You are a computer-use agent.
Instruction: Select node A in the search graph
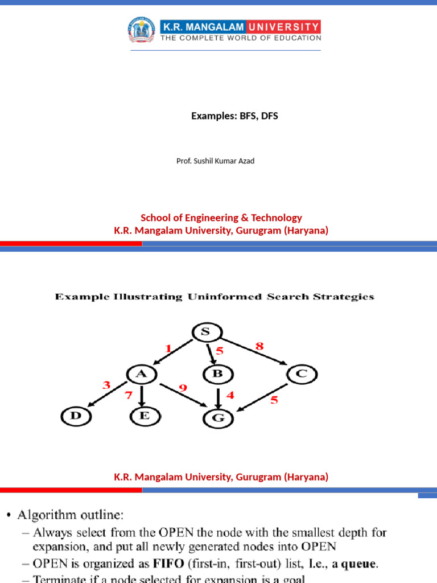point(142,375)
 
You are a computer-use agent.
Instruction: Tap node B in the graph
point(216,375)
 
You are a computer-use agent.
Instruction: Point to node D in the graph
point(76,416)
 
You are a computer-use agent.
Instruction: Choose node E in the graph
point(144,416)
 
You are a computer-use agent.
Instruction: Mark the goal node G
point(218,418)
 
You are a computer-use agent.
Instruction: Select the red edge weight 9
point(182,388)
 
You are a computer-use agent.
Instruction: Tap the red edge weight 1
point(168,348)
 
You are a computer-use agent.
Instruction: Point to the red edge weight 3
point(106,385)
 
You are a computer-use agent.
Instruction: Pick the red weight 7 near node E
point(129,395)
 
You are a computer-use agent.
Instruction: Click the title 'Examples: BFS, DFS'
point(234,116)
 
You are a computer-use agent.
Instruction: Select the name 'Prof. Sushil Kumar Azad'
point(216,161)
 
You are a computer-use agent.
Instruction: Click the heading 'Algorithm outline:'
point(70,515)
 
